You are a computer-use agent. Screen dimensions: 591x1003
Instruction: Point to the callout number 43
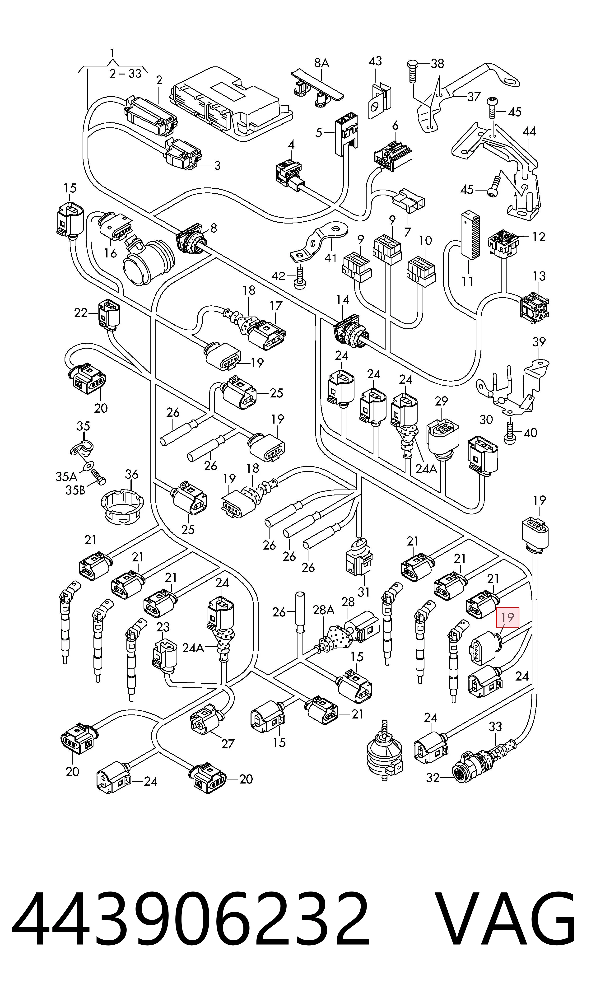point(376,61)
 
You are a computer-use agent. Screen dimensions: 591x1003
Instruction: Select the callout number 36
point(131,474)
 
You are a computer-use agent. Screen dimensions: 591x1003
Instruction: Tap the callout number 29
point(441,401)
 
